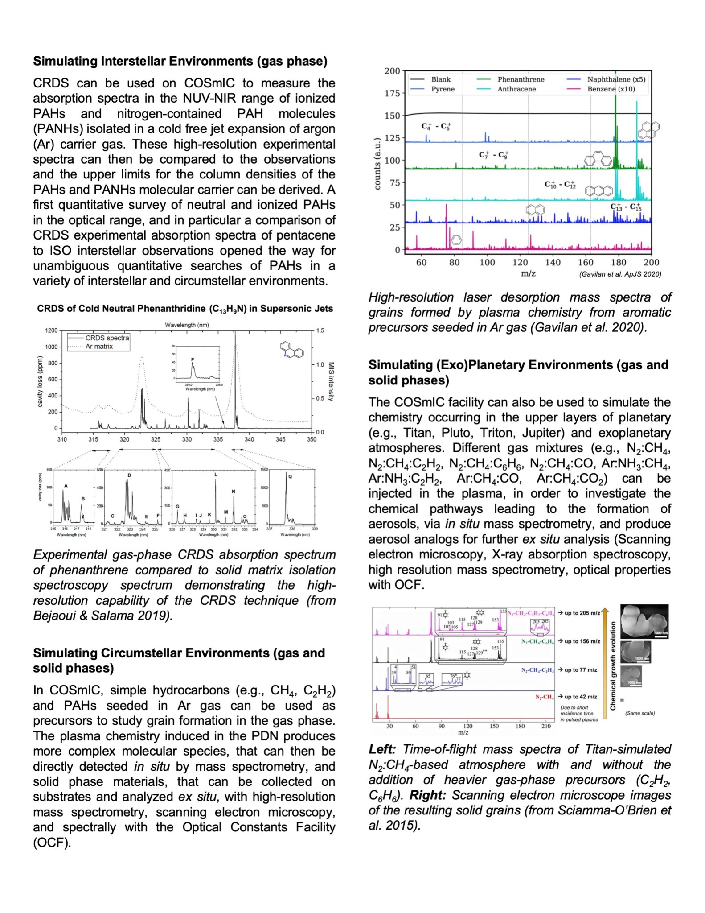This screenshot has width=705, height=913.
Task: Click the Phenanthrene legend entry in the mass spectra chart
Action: click(521, 79)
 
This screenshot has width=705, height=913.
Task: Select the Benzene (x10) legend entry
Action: click(611, 89)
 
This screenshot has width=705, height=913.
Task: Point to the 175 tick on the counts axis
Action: click(392, 93)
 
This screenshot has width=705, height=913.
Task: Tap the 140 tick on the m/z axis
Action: click(553, 262)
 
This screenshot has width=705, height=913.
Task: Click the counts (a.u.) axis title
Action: click(377, 164)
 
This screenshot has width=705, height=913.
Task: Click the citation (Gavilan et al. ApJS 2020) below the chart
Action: click(620, 274)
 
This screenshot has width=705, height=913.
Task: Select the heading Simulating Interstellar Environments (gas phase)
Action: click(180, 61)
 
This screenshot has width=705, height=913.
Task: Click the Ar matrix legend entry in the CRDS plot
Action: click(99, 347)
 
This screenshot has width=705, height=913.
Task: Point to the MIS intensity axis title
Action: click(331, 381)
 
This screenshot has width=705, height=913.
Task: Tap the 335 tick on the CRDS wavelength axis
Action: click(218, 439)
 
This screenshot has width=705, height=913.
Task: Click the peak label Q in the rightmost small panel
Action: click(290, 476)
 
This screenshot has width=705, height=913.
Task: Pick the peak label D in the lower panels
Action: click(129, 475)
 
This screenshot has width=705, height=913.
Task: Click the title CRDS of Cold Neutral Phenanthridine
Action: click(185, 309)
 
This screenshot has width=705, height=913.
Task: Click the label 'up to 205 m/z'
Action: click(582, 613)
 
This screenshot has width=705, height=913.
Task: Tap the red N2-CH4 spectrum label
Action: click(545, 697)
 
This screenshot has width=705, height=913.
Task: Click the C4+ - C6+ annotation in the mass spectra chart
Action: click(436, 126)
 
